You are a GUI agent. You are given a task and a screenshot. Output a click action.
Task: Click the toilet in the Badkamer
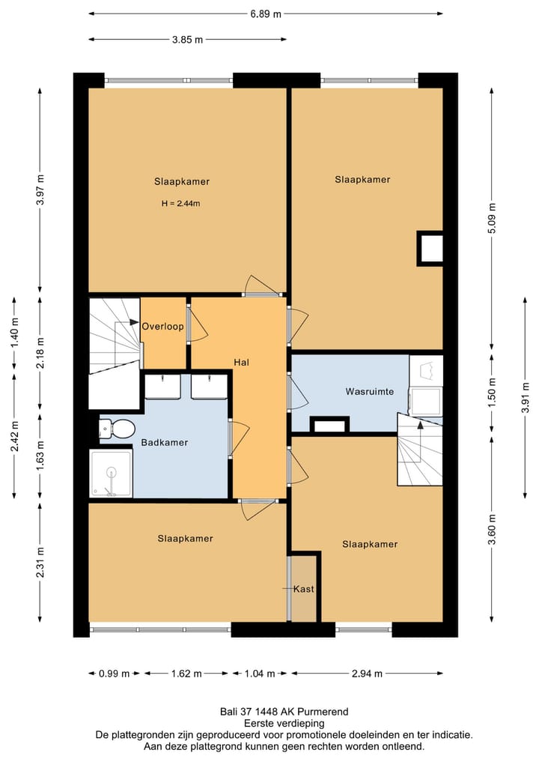[x=117, y=428]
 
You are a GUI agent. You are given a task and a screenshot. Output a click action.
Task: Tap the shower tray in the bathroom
[x=111, y=473]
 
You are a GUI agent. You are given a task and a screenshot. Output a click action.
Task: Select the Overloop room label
[x=162, y=326]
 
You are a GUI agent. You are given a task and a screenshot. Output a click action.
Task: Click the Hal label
[x=241, y=362]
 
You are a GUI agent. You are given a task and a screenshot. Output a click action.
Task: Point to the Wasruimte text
[x=370, y=391]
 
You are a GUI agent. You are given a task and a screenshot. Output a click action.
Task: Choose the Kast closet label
[x=303, y=589]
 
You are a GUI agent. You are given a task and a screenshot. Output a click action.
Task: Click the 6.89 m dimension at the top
[x=266, y=13]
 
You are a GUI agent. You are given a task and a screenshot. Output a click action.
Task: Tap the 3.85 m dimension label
[x=187, y=40]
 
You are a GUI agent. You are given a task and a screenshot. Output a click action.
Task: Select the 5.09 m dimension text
[x=491, y=218]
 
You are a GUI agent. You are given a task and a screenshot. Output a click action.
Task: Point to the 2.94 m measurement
[x=367, y=674]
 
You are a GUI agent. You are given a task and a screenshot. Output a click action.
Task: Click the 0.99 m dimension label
[x=114, y=674]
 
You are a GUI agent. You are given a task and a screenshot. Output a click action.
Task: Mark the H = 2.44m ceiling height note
[x=180, y=204]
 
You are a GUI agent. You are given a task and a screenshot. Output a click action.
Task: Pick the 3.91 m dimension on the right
[x=525, y=398]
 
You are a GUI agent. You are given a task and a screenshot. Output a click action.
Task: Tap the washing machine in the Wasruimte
[x=425, y=401]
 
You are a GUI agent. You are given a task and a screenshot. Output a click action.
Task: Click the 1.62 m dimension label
[x=186, y=674]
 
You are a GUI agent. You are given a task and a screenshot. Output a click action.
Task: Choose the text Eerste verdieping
[x=284, y=724]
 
